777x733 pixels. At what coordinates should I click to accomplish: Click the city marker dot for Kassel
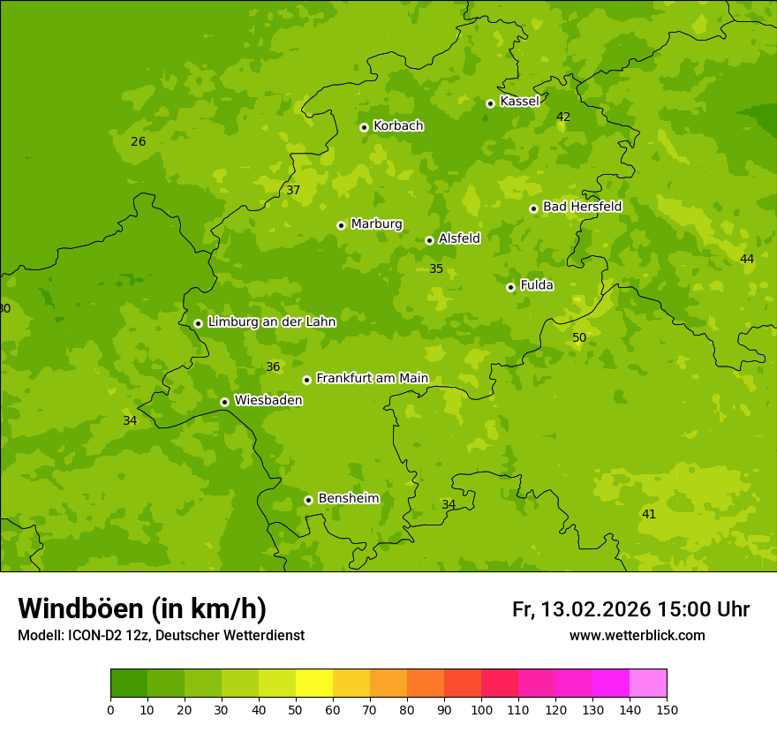click(x=490, y=103)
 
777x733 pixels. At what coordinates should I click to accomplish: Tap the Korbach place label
click(x=398, y=126)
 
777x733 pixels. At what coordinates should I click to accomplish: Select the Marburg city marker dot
click(x=341, y=225)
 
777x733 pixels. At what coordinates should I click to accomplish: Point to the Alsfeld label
click(x=459, y=238)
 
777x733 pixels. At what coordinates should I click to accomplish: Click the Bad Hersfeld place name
click(x=582, y=207)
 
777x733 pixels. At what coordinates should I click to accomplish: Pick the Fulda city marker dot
click(x=510, y=287)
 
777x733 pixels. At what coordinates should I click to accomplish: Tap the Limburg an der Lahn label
click(x=272, y=322)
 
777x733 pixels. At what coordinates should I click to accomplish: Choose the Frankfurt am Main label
click(x=372, y=379)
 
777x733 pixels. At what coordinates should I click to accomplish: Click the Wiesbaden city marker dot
click(x=224, y=402)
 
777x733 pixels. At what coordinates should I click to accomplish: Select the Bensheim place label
click(x=348, y=499)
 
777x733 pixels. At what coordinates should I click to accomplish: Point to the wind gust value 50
click(x=579, y=338)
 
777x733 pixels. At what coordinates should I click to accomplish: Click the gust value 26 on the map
click(x=138, y=142)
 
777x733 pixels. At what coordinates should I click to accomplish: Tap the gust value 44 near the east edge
click(x=747, y=259)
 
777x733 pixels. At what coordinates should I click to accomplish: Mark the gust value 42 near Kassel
click(x=563, y=117)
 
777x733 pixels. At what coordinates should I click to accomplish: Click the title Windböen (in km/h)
click(x=142, y=608)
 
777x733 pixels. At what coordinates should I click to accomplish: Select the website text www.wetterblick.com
click(x=637, y=636)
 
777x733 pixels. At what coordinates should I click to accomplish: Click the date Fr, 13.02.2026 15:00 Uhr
click(x=630, y=609)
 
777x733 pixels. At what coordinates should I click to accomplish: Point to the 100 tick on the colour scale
click(x=481, y=709)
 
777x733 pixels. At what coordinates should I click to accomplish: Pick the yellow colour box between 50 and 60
click(x=314, y=684)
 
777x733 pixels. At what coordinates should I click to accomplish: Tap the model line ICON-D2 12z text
click(x=161, y=636)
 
